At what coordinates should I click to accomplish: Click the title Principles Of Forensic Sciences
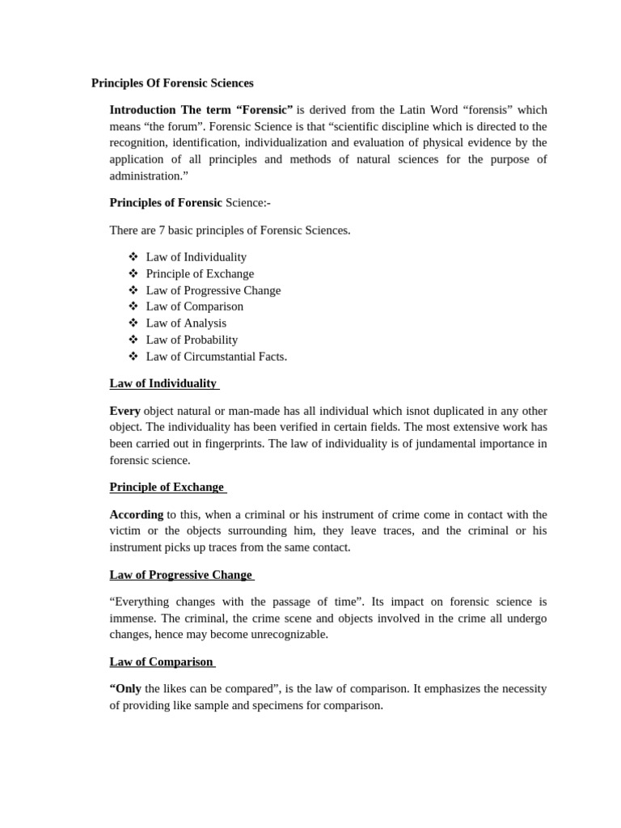point(172,82)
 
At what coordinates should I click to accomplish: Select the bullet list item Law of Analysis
point(186,323)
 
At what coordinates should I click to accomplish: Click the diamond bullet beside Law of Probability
point(133,340)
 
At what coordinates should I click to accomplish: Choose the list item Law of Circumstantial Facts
point(216,357)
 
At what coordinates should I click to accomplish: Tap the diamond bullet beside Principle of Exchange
point(133,273)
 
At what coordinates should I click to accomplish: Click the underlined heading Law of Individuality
point(163,383)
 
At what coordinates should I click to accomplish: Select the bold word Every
point(125,411)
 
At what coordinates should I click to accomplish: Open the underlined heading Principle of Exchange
point(167,487)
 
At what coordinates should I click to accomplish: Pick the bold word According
point(137,514)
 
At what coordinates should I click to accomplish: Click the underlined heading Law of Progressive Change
point(181,575)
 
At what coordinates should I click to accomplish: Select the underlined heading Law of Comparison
point(161,661)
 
